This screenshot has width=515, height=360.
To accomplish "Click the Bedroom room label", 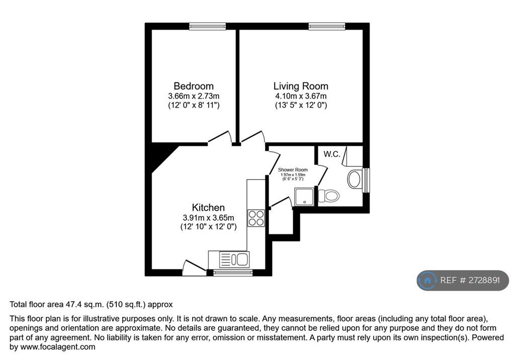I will tap(193, 86).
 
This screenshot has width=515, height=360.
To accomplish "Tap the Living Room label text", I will tap(301, 86).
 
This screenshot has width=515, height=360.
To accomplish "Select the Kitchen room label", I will tap(208, 208).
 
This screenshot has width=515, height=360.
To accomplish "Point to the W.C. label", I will tap(332, 154).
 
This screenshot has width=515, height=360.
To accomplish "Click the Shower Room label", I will tap(293, 170).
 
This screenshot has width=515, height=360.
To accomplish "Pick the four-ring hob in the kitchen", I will tap(256, 217).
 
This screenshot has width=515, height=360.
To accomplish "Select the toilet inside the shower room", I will tap(330, 196).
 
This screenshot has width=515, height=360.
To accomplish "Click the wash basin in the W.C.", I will tap(356, 180).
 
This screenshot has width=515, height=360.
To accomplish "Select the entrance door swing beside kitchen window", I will tap(194, 267).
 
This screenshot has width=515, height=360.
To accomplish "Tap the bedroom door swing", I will tap(220, 137).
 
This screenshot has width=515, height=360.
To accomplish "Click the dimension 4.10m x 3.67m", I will tap(301, 96).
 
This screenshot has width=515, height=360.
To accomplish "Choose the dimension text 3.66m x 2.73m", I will tap(193, 96).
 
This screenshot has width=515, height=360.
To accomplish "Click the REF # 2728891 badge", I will tap(463, 281).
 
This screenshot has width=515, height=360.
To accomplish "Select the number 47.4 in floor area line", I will tap(73, 304).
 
